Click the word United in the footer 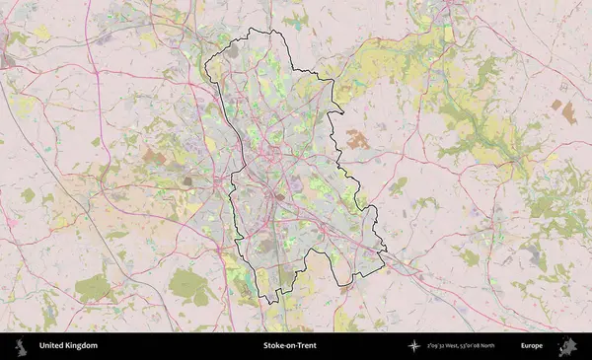52,346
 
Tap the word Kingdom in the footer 82,346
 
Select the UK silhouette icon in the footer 20,346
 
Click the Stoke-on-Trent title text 290,346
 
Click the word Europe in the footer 532,346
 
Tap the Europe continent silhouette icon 568,346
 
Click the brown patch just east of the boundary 356,140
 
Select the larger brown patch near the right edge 568,112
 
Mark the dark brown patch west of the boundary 186,180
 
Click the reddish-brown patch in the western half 152,156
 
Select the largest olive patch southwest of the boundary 188,286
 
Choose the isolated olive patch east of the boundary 399,184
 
